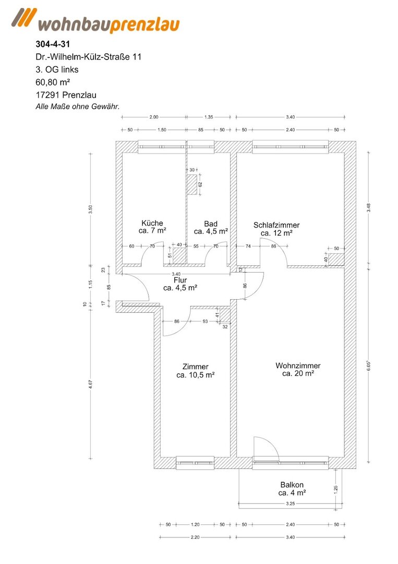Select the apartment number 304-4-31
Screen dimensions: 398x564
pos(53,44)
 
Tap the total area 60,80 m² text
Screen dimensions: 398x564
pos(53,83)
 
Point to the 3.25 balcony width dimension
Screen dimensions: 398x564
pos(290,503)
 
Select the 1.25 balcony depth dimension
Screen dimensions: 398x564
pos(336,490)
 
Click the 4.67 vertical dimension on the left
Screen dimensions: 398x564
pos(91,384)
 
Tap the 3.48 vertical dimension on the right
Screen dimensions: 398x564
pos(368,208)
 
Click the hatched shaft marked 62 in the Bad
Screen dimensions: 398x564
pos(192,184)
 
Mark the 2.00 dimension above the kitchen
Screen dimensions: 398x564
pos(154,117)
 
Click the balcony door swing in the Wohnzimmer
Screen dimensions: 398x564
pos(266,448)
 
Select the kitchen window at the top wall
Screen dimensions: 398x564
pos(162,147)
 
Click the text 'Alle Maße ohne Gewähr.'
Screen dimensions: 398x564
pos(78,107)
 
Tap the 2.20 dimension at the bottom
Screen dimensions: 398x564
pos(195,537)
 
